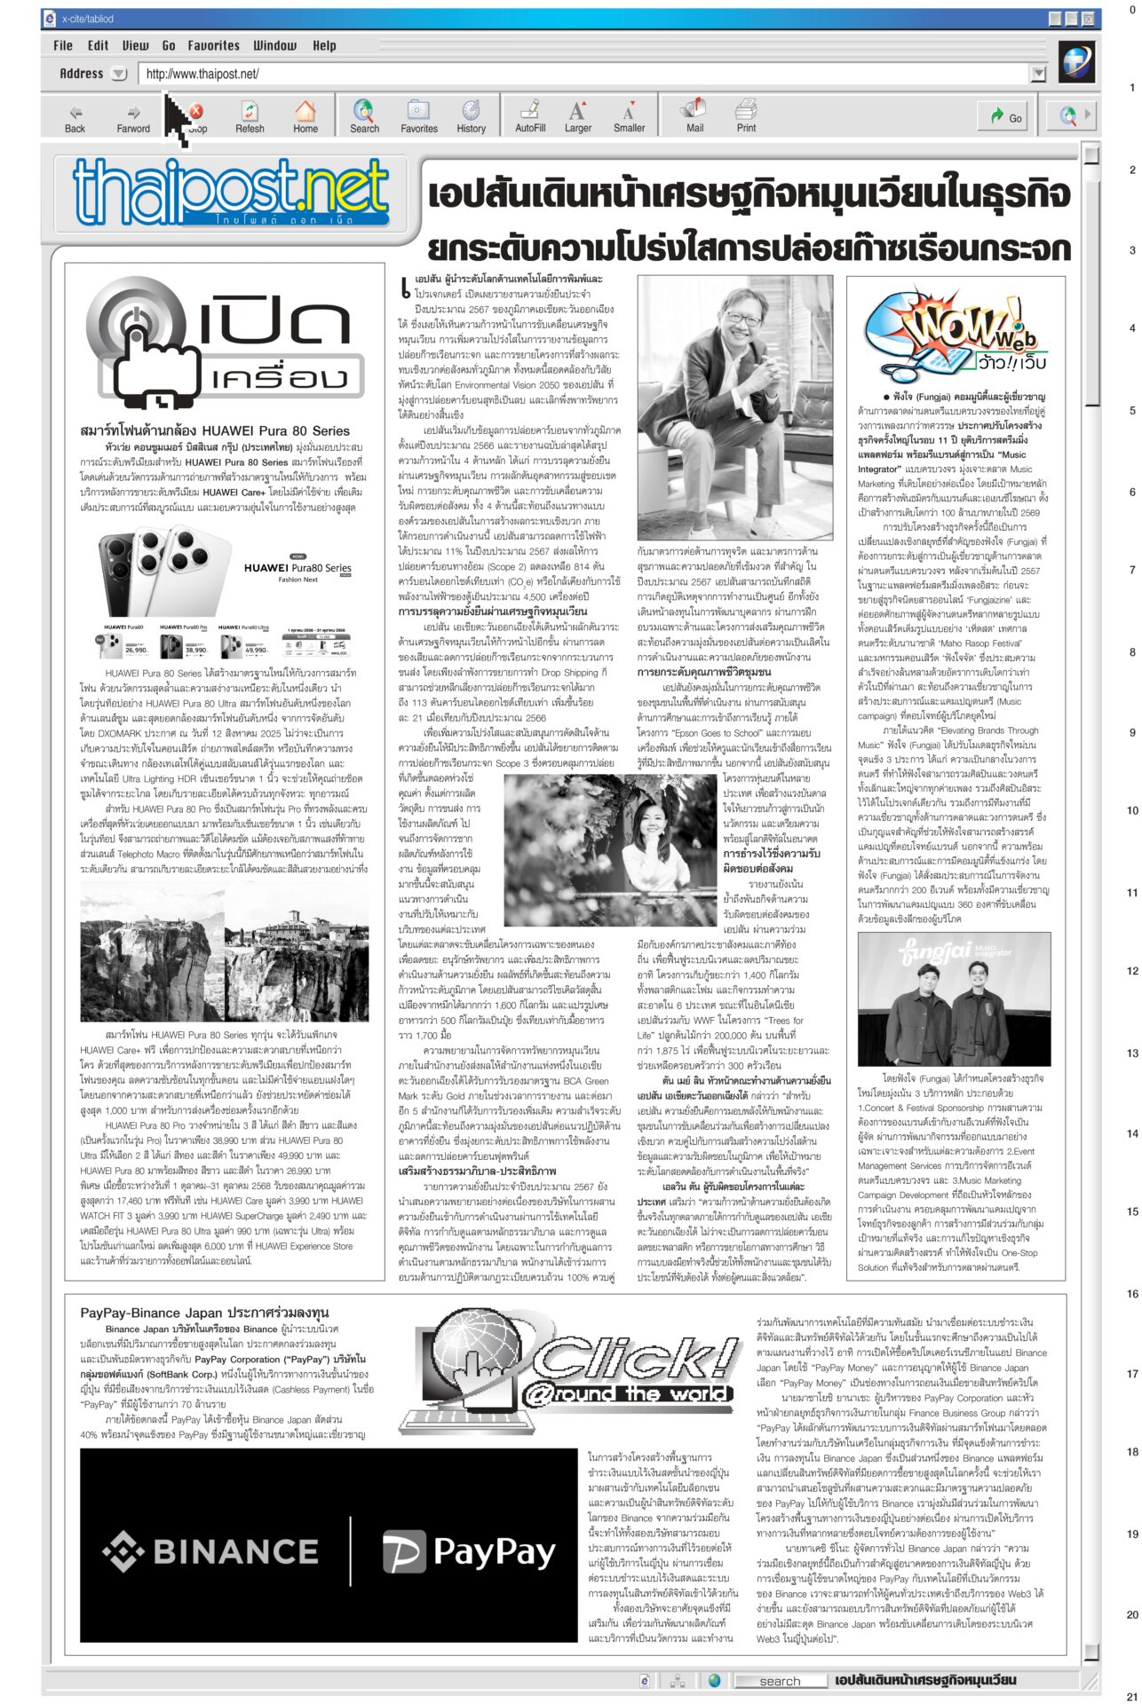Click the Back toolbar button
coord(75,116)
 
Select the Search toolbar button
coord(364,116)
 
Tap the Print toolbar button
coord(746,116)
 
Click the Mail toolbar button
coord(694,116)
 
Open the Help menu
coord(324,46)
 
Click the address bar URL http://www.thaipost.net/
coord(202,75)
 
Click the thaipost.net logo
coord(231,193)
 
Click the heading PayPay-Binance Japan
coord(204,1313)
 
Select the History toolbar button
coord(471,116)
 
